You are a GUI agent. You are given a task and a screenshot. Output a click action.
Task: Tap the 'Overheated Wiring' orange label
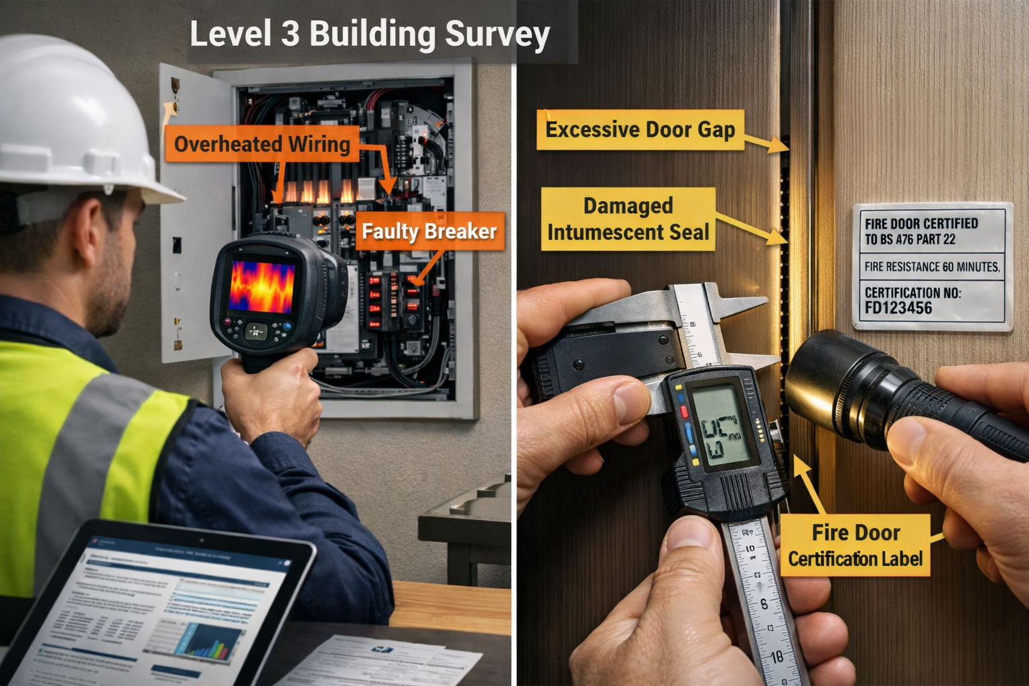click(x=262, y=144)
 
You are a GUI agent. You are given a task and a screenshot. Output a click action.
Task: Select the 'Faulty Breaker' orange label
click(x=429, y=232)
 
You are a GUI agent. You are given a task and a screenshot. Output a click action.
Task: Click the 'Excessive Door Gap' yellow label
click(x=640, y=129)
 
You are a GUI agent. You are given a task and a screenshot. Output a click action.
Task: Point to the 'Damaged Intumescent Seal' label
click(x=628, y=219)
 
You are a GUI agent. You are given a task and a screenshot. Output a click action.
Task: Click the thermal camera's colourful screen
click(x=261, y=286)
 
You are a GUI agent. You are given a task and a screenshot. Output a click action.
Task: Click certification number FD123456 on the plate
click(x=898, y=308)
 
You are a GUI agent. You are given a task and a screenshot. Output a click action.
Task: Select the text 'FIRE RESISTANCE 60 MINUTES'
click(x=932, y=267)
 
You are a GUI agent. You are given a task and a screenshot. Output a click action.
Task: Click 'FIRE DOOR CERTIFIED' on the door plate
click(x=921, y=224)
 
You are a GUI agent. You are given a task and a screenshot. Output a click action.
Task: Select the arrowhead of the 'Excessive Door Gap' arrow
click(x=780, y=145)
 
